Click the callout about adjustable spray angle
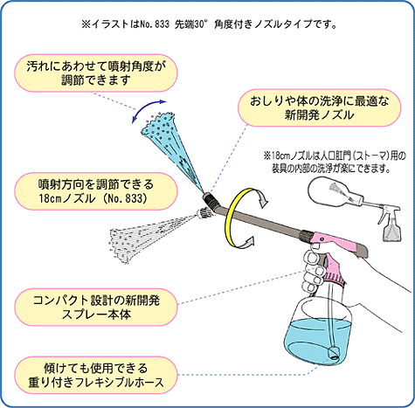pos(96,73)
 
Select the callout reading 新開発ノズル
pos(320,108)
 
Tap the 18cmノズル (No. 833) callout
pos(96,191)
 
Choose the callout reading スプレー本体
pos(96,307)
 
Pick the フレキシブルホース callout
pos(96,375)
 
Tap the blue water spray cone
pos(168,146)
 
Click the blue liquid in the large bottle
pos(317,339)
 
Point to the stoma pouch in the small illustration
pos(332,191)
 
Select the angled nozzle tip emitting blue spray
pos(211,198)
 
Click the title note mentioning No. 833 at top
pos(209,24)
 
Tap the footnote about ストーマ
pos(334,162)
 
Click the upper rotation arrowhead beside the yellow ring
pos(263,201)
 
